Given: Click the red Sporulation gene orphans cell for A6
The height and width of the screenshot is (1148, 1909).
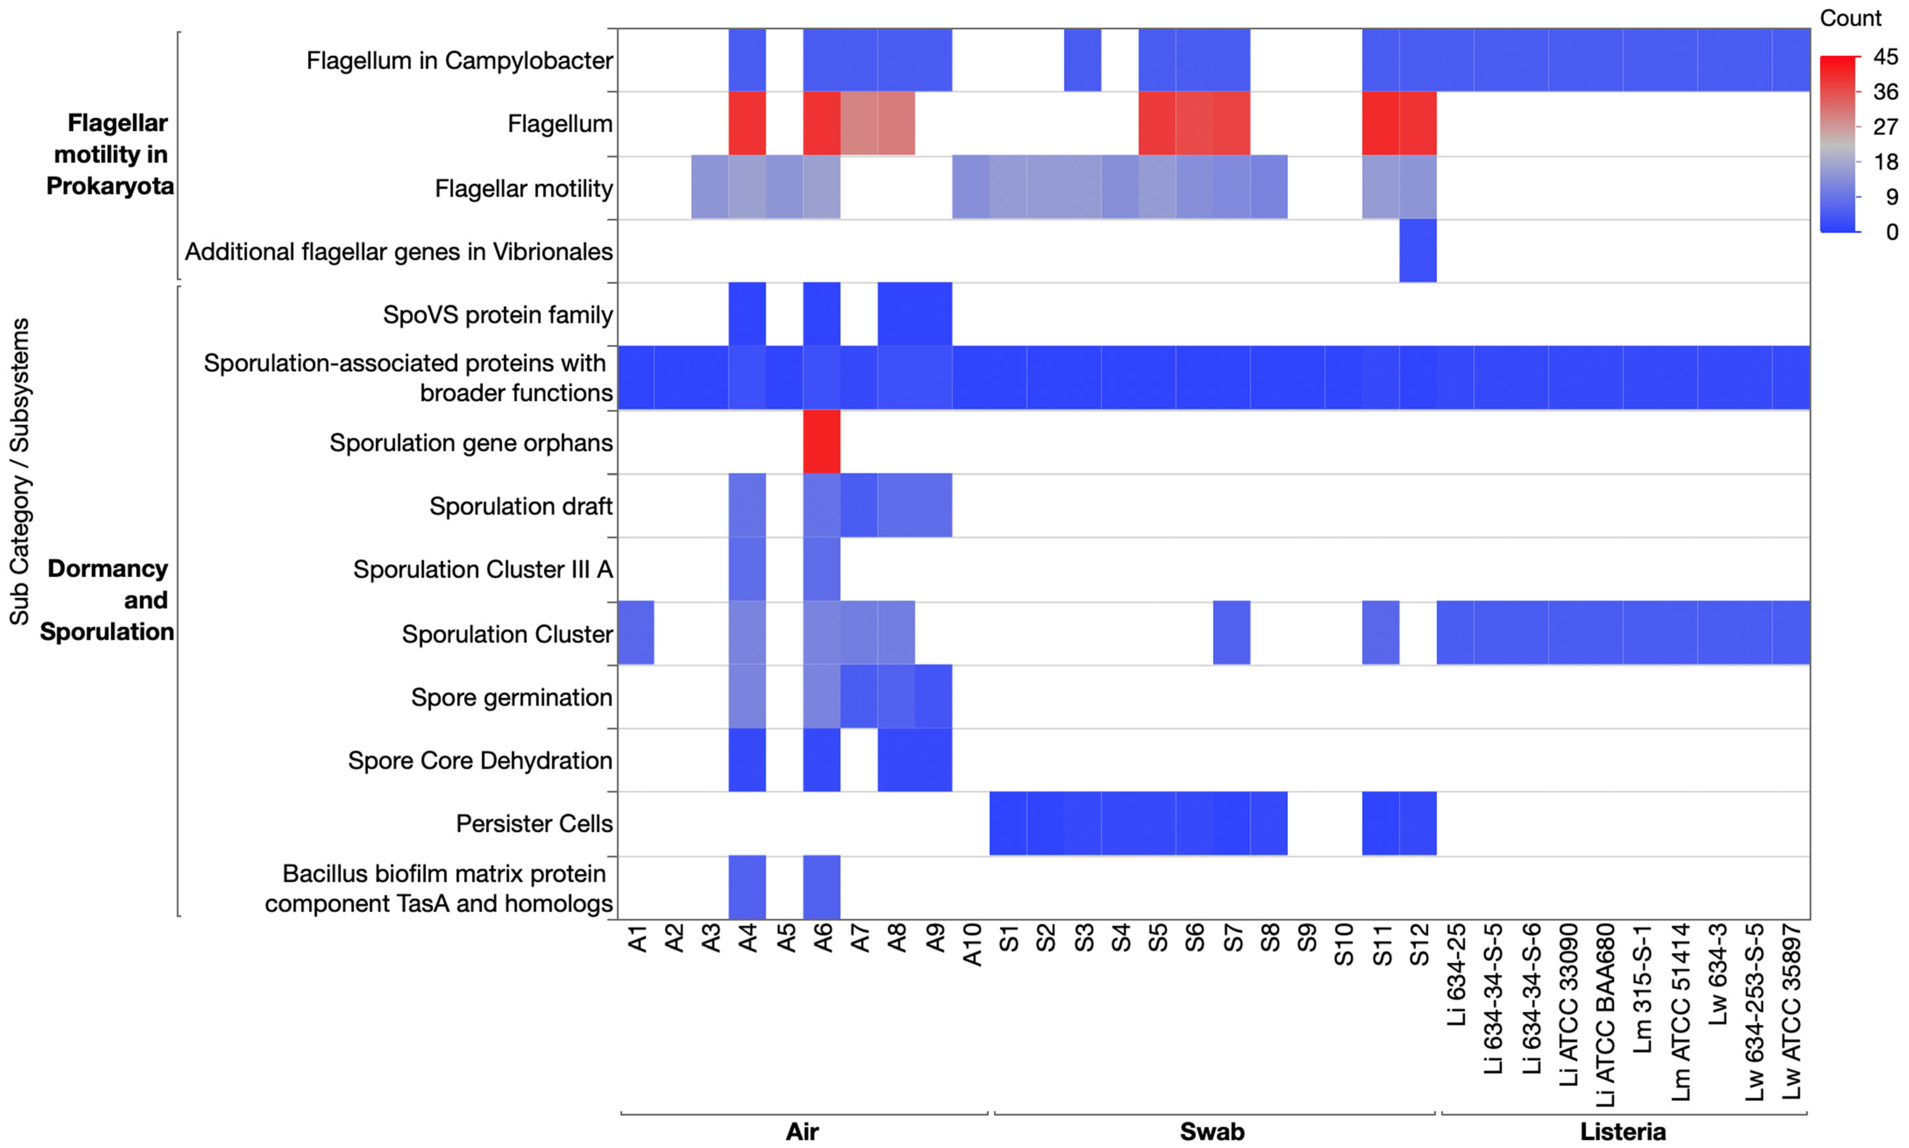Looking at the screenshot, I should [x=821, y=442].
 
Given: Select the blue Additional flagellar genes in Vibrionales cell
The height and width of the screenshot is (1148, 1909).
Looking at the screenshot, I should [x=1418, y=252].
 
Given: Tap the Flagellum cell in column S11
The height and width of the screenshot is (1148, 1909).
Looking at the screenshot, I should [x=1381, y=124].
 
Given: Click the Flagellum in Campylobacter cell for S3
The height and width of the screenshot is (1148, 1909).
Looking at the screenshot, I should [x=1082, y=60].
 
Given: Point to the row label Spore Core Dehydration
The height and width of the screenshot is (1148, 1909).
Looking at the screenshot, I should [x=479, y=761].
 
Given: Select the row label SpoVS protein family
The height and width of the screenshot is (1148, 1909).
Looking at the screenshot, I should [x=497, y=315].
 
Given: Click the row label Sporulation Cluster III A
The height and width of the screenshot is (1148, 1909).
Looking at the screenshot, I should [x=483, y=569].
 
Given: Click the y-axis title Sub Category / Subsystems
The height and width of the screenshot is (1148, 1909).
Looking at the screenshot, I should [x=19, y=472].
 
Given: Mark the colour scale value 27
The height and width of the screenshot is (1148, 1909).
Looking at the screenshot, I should [x=1885, y=127].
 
